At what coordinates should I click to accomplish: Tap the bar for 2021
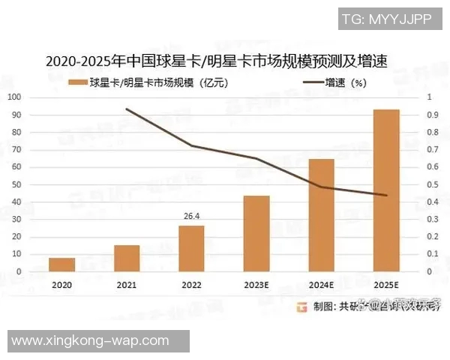click(x=127, y=258)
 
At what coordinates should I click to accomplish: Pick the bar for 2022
click(x=191, y=248)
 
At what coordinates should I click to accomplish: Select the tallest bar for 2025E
click(x=386, y=190)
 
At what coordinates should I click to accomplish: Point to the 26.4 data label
click(x=191, y=216)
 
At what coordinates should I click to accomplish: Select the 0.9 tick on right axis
click(x=430, y=115)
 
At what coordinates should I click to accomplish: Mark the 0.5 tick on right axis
click(x=430, y=184)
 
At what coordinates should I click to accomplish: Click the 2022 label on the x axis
click(x=191, y=285)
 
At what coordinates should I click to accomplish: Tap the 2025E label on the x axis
click(x=386, y=285)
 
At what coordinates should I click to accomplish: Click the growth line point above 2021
click(x=127, y=109)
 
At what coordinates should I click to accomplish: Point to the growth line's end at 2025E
click(x=386, y=195)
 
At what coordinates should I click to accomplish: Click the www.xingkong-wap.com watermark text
click(x=90, y=340)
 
